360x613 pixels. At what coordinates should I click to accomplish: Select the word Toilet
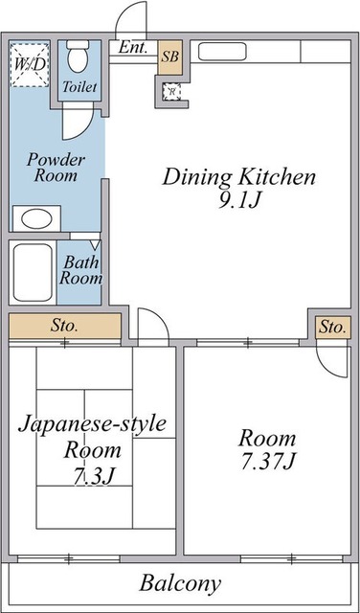pos(79,87)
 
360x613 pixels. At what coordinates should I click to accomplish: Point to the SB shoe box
pos(169,57)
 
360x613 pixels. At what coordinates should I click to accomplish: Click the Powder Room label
pos(56,168)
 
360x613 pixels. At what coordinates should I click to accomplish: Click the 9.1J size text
pos(238,201)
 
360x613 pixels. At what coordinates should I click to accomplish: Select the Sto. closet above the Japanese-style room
pos(65,327)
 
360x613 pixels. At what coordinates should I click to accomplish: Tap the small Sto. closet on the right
pos(332,328)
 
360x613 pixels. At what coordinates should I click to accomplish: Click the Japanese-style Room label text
pos(94,436)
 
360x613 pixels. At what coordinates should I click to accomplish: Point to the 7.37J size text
pos(267,462)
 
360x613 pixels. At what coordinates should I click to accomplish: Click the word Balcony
pos(180,582)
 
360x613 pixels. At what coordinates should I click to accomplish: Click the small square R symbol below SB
pos(170,92)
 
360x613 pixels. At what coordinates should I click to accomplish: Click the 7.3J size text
pos(93,476)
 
